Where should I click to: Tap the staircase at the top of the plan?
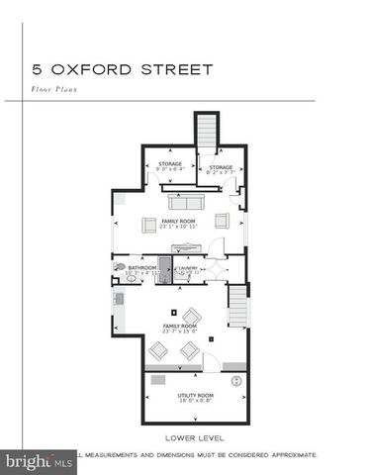click(x=207, y=133)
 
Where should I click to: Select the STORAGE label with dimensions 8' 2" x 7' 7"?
click(x=220, y=169)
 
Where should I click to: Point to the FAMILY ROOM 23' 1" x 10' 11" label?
click(x=178, y=225)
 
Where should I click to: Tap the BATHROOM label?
click(x=139, y=268)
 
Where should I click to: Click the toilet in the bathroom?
click(x=121, y=266)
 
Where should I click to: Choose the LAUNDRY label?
click(x=188, y=269)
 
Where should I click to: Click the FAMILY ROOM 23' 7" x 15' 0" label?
click(x=178, y=329)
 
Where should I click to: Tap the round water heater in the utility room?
click(x=236, y=380)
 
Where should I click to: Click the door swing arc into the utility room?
click(x=210, y=363)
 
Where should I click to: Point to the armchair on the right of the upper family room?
click(x=222, y=221)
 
